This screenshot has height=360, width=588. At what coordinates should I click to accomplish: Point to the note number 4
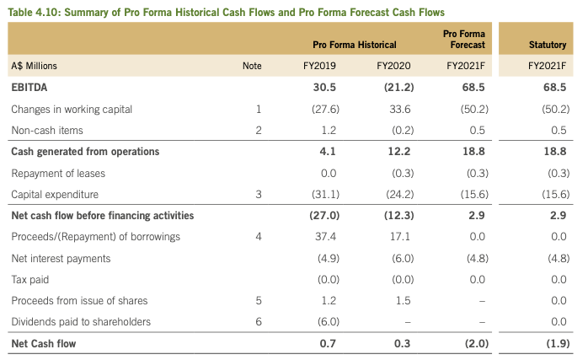(x=258, y=237)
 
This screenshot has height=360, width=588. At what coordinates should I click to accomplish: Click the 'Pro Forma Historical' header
(x=354, y=44)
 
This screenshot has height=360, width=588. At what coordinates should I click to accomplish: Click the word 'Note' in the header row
(x=252, y=65)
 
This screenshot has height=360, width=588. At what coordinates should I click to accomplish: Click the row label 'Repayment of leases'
(x=57, y=173)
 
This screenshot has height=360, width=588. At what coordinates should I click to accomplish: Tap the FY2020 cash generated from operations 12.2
(x=393, y=152)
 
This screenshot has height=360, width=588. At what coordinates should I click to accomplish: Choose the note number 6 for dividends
(x=258, y=321)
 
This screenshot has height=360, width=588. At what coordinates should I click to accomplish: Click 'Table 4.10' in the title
(x=35, y=12)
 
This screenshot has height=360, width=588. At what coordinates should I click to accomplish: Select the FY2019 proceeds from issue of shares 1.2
(x=329, y=300)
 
